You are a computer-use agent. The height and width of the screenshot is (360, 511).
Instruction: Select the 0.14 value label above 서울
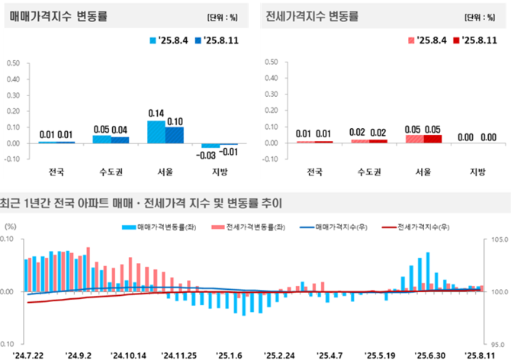156,113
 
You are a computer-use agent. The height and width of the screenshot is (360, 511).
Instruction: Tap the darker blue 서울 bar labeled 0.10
175,134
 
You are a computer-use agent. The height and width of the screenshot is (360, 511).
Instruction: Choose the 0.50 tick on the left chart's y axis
13,63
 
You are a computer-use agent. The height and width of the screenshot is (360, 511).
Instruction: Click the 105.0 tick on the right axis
496,239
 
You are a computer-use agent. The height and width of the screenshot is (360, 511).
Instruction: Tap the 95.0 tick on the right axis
497,344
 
